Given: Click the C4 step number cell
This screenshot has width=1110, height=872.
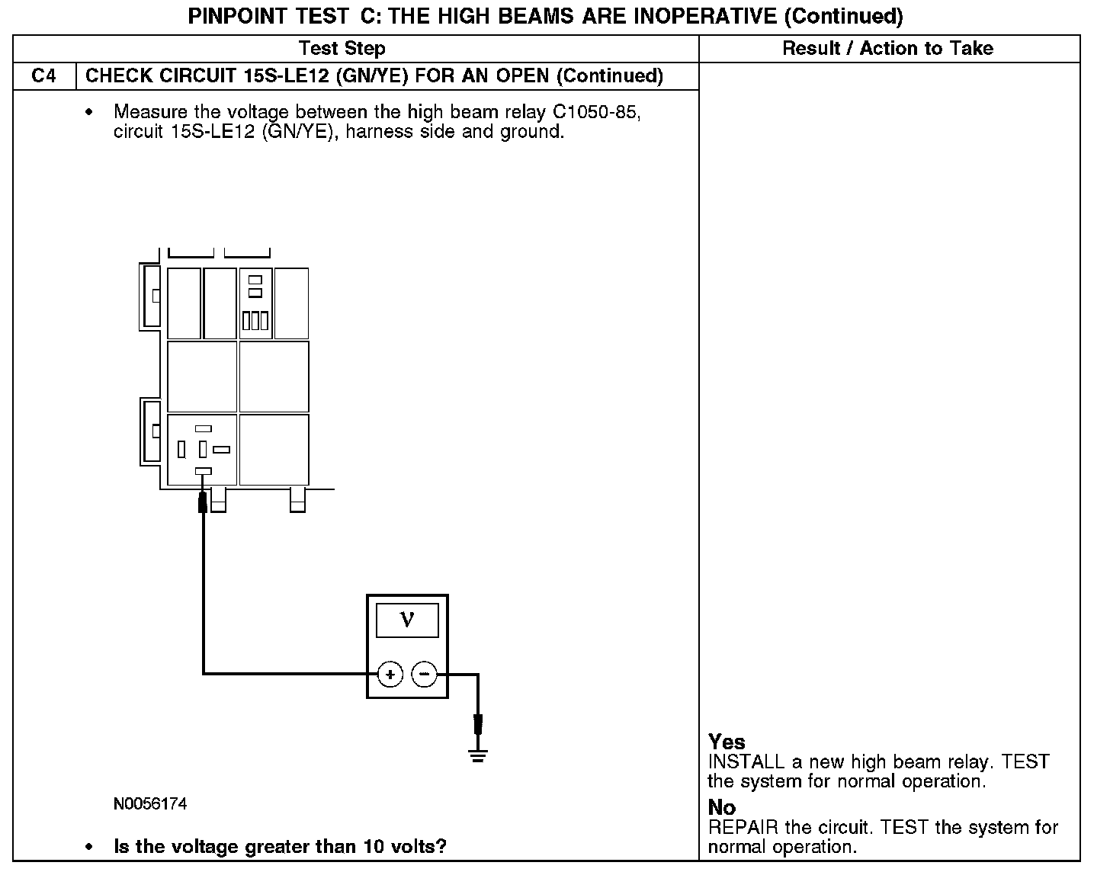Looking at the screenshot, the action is point(44,76).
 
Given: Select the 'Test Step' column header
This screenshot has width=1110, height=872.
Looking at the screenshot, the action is point(342,49).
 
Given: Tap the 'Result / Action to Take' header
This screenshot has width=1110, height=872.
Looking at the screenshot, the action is point(887,49).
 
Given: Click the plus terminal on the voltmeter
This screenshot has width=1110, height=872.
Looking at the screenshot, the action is point(390,675).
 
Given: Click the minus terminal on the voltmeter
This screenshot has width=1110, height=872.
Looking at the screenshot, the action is point(424,675).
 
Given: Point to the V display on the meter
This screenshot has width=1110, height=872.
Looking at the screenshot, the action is point(407,620).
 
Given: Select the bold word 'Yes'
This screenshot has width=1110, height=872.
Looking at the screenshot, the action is point(727,742).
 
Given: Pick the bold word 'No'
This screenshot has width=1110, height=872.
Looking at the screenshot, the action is point(722,807).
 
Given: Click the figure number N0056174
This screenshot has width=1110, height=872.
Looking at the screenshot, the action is point(150,803).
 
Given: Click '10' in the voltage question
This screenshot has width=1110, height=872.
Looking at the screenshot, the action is point(374,846).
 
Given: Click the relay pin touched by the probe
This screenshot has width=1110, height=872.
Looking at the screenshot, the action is point(203,470).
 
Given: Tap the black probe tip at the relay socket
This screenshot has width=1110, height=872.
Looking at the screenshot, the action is point(203,502).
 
